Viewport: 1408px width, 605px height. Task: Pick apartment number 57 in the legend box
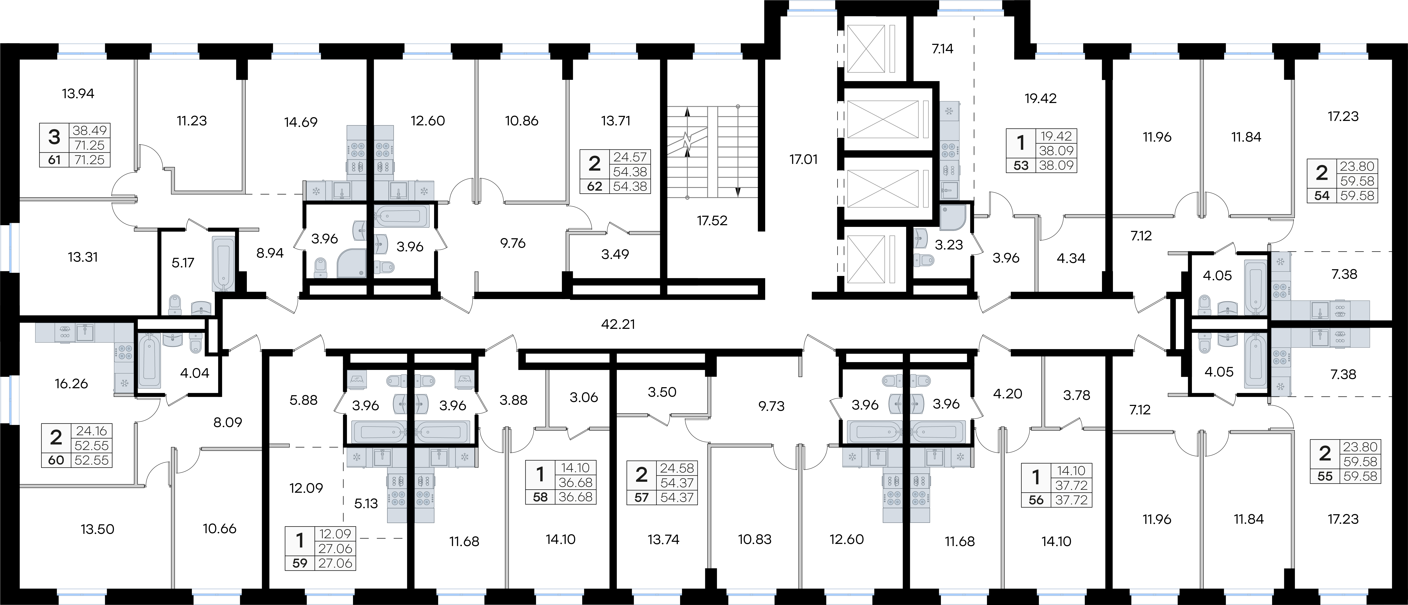(x=642, y=498)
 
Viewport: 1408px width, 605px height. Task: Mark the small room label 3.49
(x=615, y=254)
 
